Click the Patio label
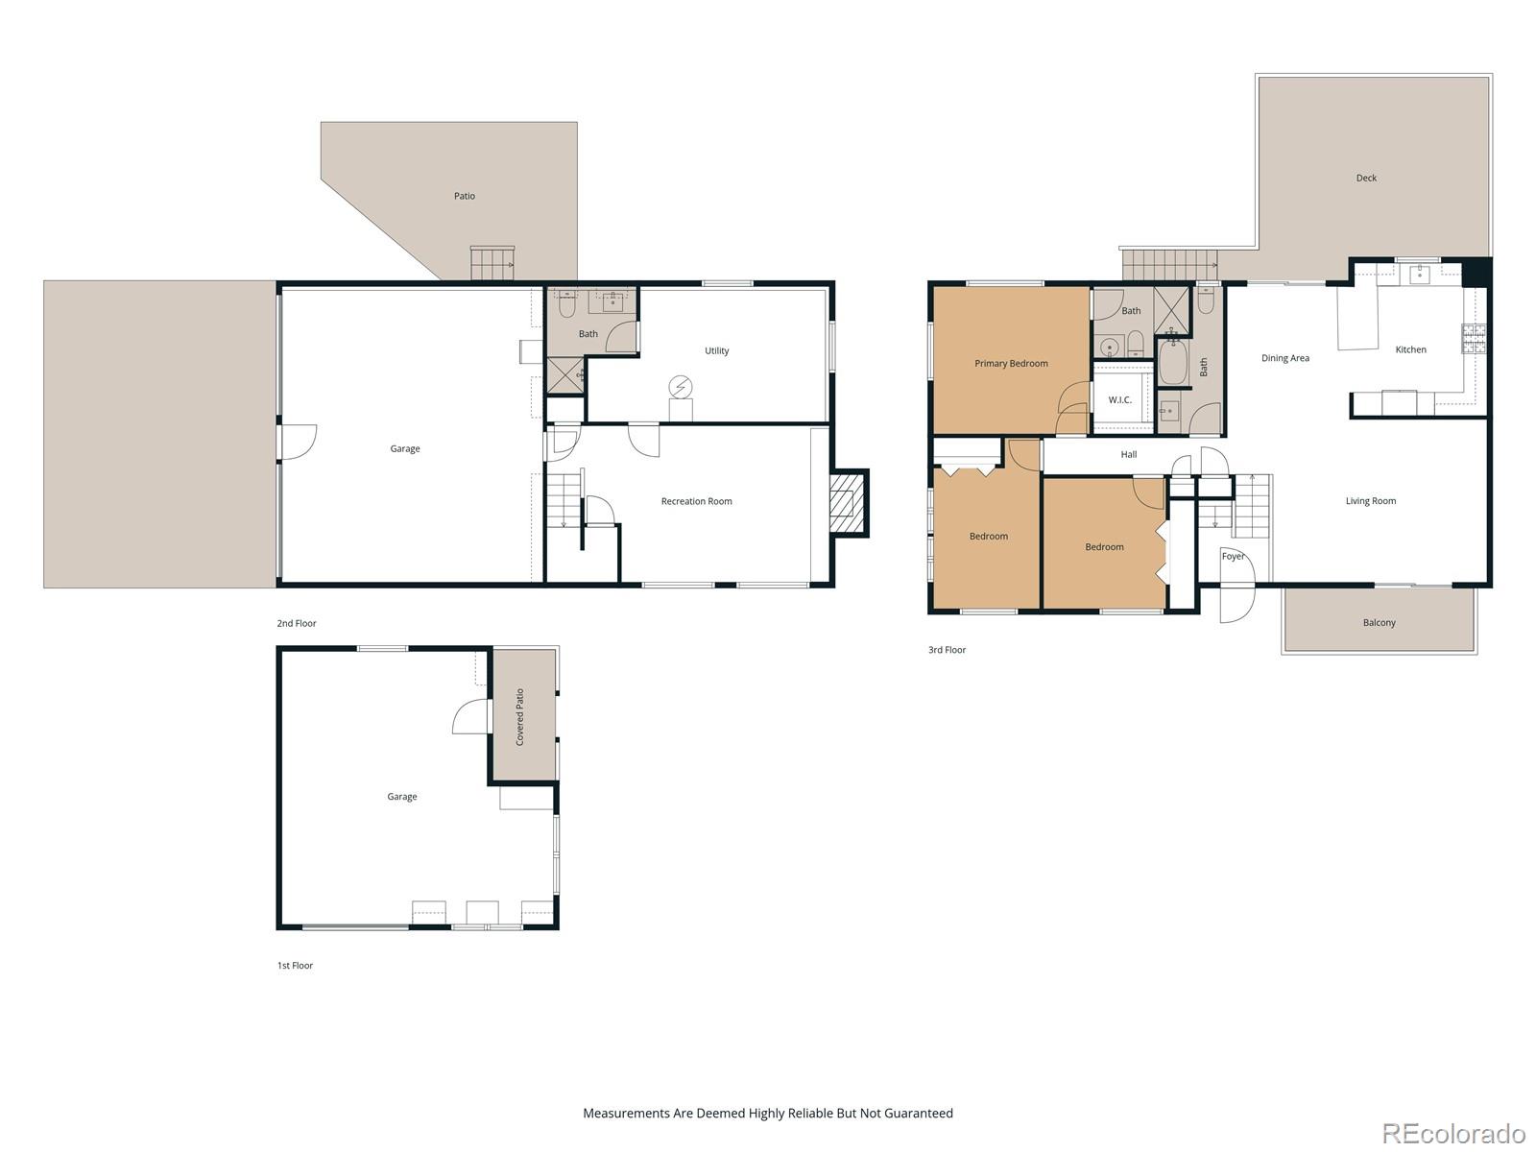click(x=465, y=196)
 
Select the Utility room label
click(x=716, y=351)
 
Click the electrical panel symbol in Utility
click(x=681, y=387)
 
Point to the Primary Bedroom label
click(x=1011, y=364)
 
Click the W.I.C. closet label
click(x=1119, y=400)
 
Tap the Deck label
click(x=1366, y=179)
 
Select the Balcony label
click(x=1379, y=623)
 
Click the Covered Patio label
click(x=520, y=717)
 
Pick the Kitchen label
click(x=1410, y=350)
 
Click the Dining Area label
click(x=1284, y=359)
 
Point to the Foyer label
click(x=1233, y=557)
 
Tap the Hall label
click(x=1129, y=455)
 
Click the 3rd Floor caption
click(x=947, y=651)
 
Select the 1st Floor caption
click(x=295, y=966)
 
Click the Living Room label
click(x=1370, y=501)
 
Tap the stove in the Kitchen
click(x=1473, y=338)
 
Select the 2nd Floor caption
click(x=297, y=624)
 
